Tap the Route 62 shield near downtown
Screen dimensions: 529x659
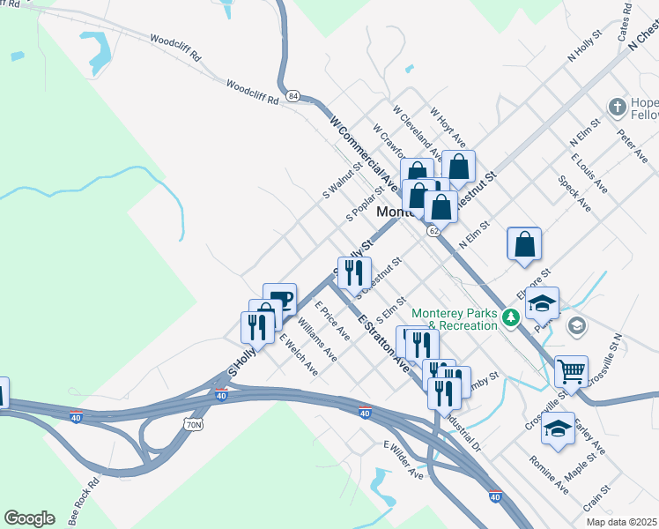[x=433, y=230]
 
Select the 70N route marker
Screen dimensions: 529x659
[x=194, y=424]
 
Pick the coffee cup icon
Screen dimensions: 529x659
[x=279, y=299]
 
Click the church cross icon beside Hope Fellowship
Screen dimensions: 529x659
[x=618, y=108]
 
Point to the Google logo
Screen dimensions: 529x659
[x=29, y=518]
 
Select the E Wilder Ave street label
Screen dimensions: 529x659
[x=403, y=461]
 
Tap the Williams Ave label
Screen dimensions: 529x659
[x=317, y=340]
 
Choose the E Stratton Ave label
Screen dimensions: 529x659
[x=383, y=338]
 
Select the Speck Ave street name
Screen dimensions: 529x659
[x=574, y=193]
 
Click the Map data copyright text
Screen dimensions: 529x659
[x=621, y=522]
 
